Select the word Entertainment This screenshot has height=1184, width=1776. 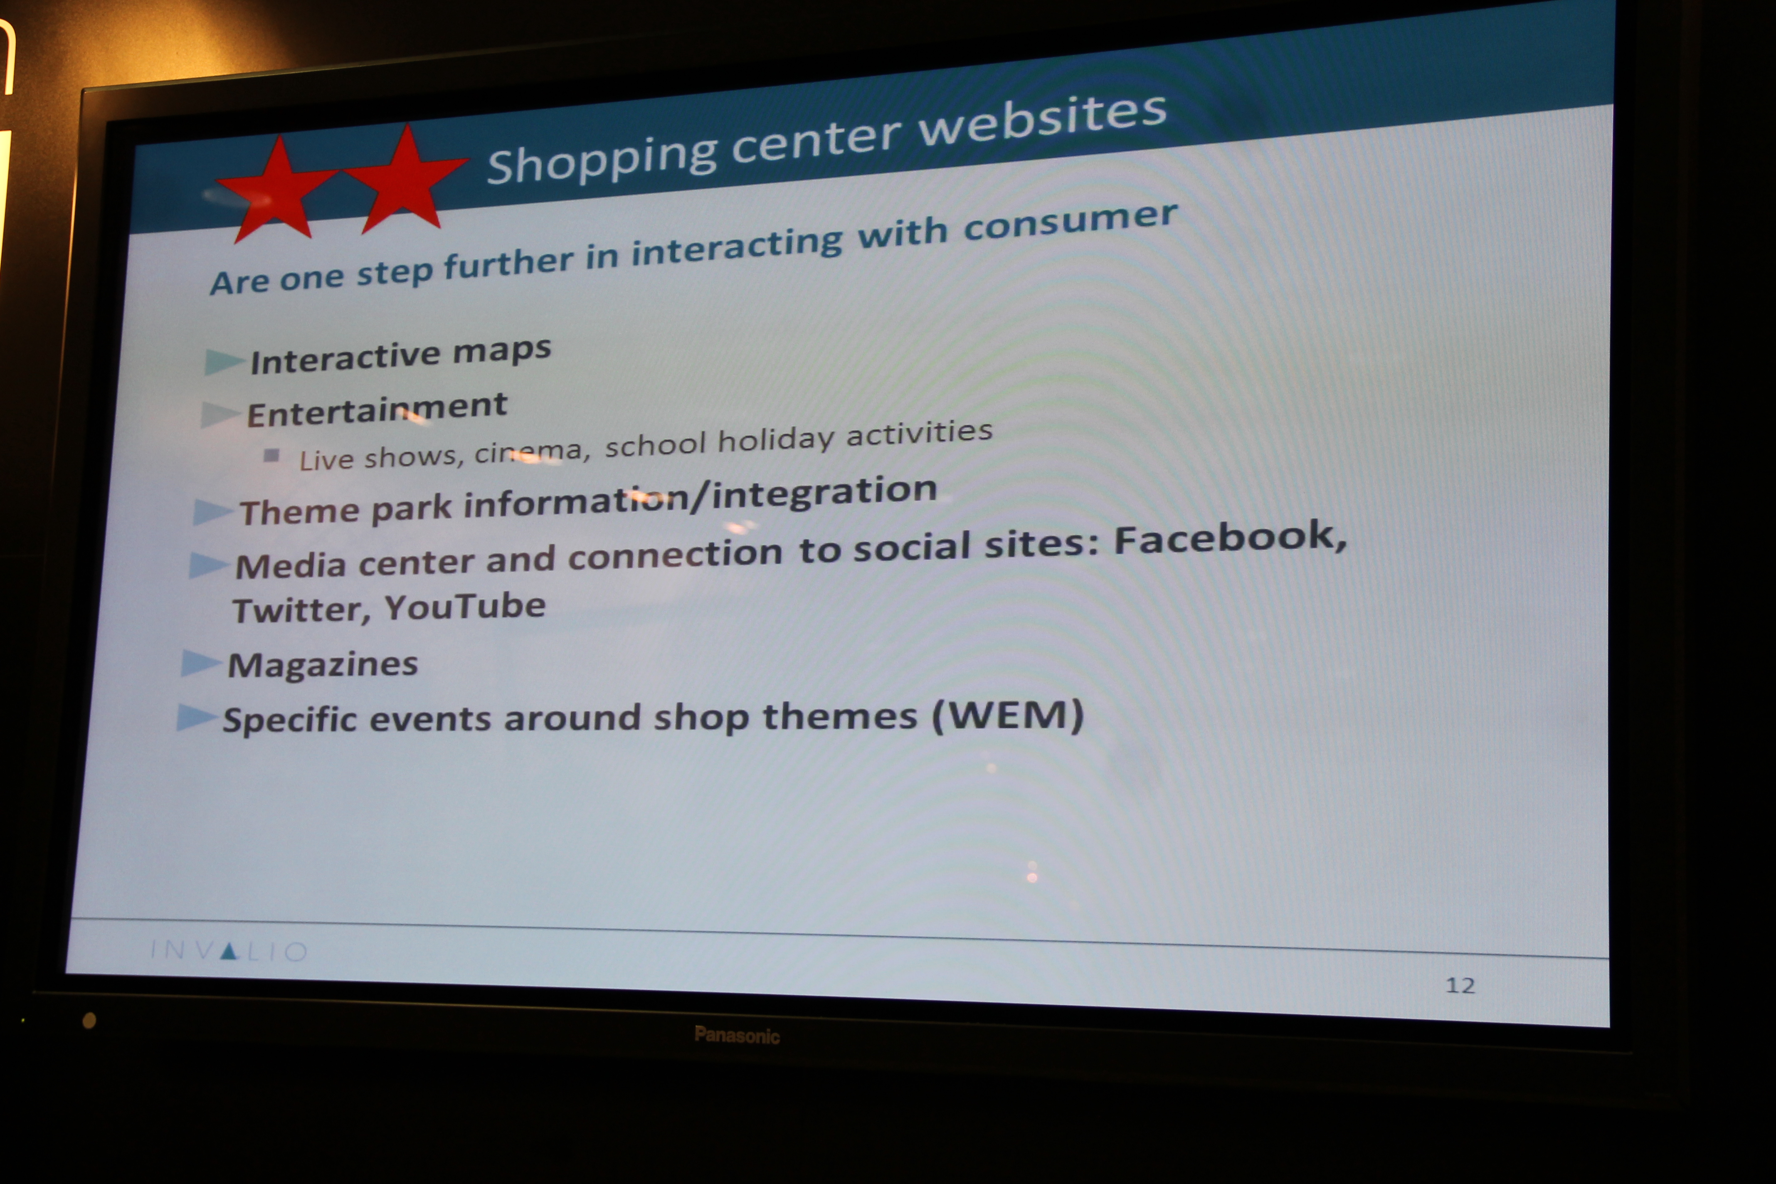[x=377, y=410]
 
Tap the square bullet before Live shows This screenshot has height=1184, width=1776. [x=272, y=455]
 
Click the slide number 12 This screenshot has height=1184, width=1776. [x=1460, y=984]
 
